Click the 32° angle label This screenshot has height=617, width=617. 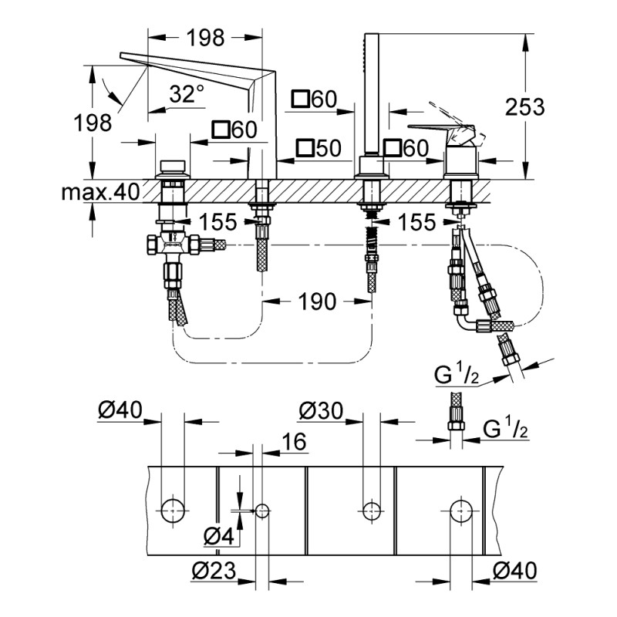187,94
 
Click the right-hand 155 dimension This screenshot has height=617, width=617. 417,222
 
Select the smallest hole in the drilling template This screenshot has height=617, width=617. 262,510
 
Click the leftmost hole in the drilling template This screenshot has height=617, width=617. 173,510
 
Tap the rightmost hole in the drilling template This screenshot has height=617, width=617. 461,510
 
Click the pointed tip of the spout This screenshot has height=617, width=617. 124,56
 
